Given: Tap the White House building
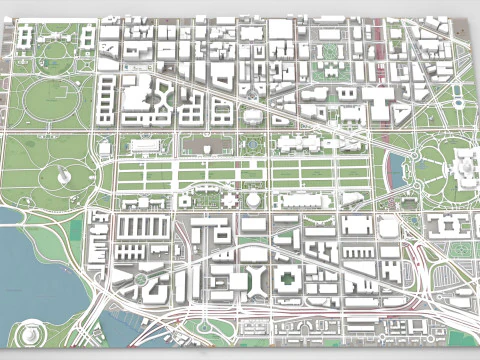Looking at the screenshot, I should tap(56, 41).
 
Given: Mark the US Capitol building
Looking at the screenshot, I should tap(466, 166).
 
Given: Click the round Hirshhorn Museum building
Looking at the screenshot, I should tap(255, 200).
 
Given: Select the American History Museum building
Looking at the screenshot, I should tap(145, 146).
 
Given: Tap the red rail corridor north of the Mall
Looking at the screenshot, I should tap(380, 60).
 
